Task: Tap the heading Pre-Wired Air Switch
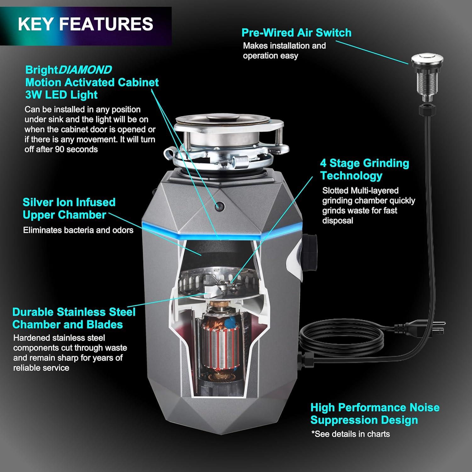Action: click(296, 33)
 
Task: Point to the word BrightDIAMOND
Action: click(69, 70)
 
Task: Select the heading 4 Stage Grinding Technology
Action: click(365, 169)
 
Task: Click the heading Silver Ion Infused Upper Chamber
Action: click(69, 208)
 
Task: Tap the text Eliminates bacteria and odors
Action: click(78, 230)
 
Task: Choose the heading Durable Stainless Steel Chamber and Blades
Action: click(74, 318)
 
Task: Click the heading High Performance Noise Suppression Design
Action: click(375, 413)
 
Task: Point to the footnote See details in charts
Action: click(351, 434)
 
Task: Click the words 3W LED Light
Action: click(61, 95)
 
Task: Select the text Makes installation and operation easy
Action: click(284, 51)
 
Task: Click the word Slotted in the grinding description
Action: click(335, 190)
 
